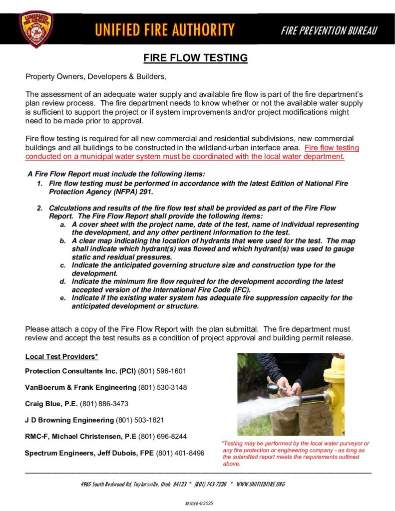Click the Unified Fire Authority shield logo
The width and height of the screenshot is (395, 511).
click(x=36, y=29)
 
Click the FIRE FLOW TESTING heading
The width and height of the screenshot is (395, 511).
click(x=196, y=58)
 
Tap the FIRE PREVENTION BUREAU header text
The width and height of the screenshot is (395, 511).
click(x=329, y=30)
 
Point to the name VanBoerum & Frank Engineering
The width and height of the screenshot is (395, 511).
click(x=80, y=387)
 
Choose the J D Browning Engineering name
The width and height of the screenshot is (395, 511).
click(x=69, y=420)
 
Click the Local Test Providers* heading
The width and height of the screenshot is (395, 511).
click(x=61, y=356)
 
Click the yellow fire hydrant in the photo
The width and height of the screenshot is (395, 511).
click(x=334, y=394)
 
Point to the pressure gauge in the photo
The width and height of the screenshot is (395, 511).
click(x=273, y=387)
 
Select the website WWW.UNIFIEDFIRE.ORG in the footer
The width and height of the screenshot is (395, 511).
click(x=260, y=485)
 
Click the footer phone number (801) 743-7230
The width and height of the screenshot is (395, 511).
click(x=210, y=485)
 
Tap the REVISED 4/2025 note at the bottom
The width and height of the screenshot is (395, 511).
click(x=199, y=504)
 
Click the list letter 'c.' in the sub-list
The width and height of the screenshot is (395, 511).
click(x=63, y=265)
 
